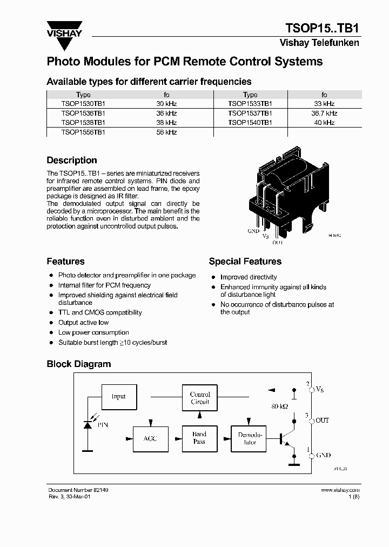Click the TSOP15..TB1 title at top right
(322, 28)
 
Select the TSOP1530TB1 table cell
(83, 103)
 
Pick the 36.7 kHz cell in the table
(324, 114)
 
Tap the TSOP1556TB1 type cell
(83, 132)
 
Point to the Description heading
(72, 161)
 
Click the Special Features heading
(245, 262)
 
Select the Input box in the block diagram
(118, 396)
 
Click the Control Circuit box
(200, 398)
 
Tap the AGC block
(150, 438)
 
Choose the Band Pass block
(199, 438)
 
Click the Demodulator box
(250, 438)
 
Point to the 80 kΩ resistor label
(280, 405)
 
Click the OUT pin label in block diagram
(322, 420)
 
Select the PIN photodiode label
(102, 425)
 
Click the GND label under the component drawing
(253, 231)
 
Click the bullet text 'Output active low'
(83, 323)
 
